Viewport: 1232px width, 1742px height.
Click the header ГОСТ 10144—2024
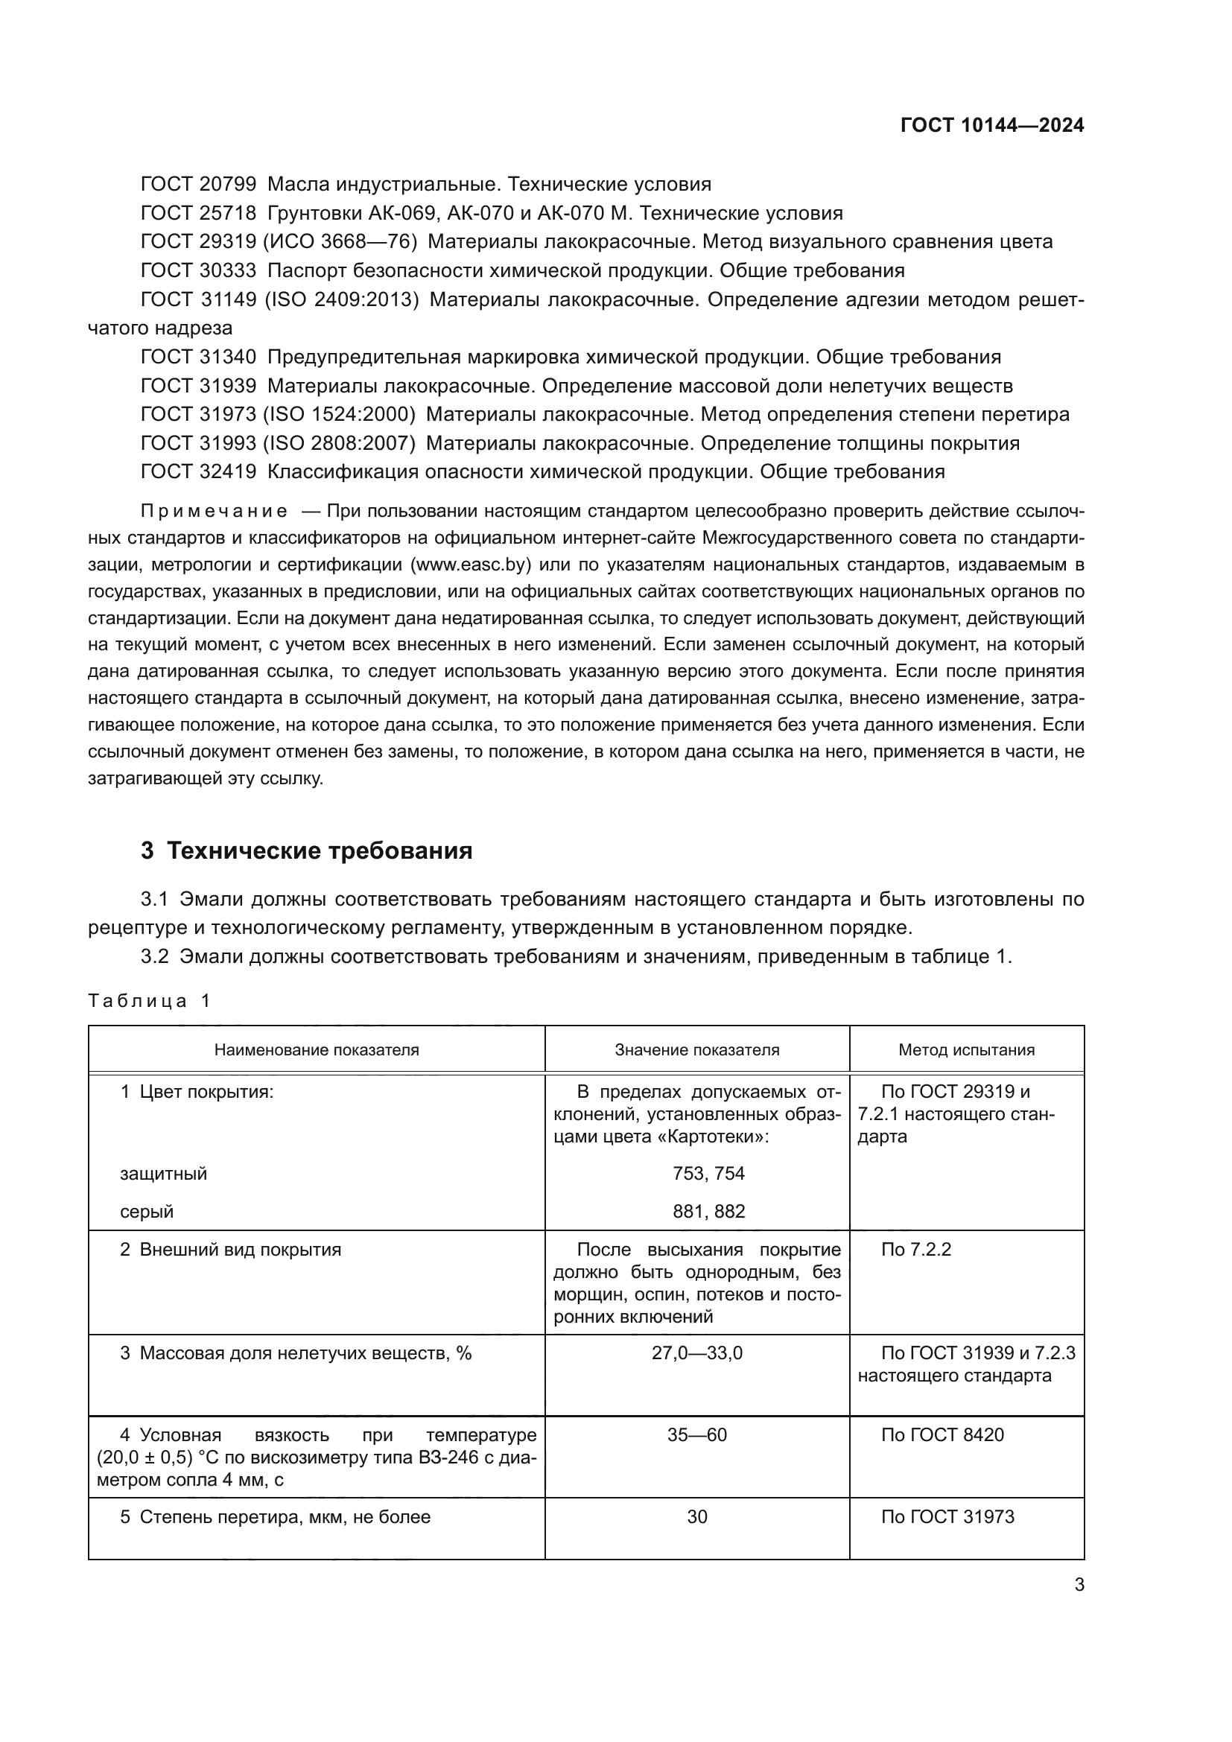[x=991, y=125]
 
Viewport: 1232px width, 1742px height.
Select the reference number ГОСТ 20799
[x=199, y=185]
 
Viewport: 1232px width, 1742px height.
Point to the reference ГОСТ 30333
[x=199, y=271]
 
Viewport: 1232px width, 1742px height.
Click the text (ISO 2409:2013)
[x=341, y=299]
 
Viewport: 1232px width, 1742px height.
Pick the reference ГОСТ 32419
[x=199, y=472]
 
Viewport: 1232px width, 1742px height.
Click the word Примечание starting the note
[x=214, y=512]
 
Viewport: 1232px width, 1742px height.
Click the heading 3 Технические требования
[x=306, y=851]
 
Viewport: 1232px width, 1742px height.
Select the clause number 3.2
[x=154, y=957]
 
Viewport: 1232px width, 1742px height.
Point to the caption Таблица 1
[x=149, y=1001]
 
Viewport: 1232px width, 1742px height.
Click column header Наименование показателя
[x=317, y=1050]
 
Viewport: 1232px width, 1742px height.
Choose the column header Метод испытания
[x=966, y=1050]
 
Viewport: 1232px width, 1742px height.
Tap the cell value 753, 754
[x=708, y=1174]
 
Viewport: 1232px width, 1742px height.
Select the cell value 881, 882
[x=708, y=1212]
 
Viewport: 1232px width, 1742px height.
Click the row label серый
[x=147, y=1212]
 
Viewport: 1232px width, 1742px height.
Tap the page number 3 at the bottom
[x=1079, y=1585]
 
